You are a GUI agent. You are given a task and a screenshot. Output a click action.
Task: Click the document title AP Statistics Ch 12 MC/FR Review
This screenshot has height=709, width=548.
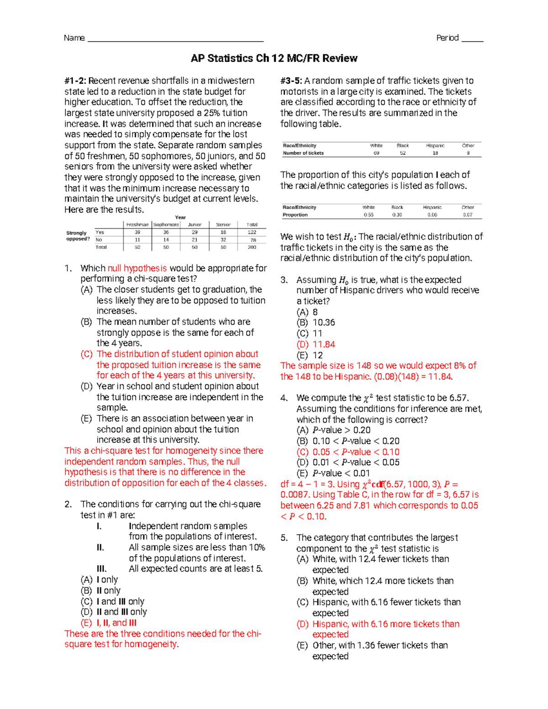[274, 58]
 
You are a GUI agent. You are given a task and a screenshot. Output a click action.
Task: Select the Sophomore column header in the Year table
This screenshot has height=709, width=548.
[166, 225]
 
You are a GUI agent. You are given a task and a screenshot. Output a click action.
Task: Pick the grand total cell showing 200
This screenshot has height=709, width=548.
[252, 247]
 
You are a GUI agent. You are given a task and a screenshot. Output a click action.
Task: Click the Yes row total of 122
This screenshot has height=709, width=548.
[252, 232]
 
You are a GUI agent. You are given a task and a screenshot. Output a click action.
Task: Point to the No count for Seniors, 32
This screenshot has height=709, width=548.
[223, 240]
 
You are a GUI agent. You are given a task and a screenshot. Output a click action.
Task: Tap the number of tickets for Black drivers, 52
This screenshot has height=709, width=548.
[403, 153]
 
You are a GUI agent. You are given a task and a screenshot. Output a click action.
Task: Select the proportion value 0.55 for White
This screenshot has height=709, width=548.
[369, 215]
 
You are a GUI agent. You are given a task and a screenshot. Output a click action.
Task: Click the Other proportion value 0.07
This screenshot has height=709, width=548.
[468, 215]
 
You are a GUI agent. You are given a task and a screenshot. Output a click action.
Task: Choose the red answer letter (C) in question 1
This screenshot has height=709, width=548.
[86, 354]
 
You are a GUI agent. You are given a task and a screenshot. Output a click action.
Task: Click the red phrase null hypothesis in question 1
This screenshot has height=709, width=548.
[137, 268]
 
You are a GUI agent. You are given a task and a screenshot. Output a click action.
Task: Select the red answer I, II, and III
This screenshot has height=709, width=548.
[116, 623]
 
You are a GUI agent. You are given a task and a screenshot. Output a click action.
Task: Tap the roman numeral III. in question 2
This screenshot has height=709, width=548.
[101, 569]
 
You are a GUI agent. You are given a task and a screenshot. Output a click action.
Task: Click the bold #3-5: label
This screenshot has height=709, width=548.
[291, 81]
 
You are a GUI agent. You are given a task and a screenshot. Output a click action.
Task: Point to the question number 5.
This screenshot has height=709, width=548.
[284, 538]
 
